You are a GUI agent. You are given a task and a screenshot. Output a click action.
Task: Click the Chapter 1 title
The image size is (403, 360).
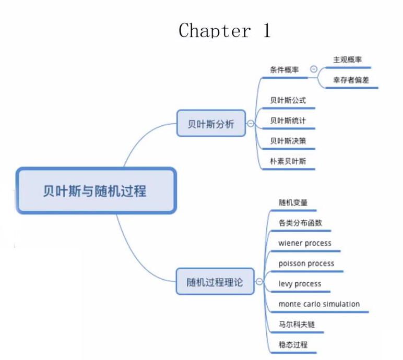point(224,31)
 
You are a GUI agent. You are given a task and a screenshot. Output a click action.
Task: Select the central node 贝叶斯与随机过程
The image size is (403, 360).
point(96,191)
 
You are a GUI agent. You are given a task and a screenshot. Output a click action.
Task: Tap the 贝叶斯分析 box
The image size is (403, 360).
point(211,124)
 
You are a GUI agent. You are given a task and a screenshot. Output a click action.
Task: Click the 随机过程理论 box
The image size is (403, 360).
point(215,283)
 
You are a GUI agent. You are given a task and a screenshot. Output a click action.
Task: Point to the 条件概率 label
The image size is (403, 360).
point(285,69)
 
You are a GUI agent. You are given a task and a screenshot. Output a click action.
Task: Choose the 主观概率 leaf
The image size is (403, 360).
point(347,59)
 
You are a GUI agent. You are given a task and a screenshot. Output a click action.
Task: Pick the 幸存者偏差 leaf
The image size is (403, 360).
point(350,80)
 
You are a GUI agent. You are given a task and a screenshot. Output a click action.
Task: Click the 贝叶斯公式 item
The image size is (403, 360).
point(288,100)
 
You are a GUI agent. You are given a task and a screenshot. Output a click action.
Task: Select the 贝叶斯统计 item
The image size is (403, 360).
point(288,121)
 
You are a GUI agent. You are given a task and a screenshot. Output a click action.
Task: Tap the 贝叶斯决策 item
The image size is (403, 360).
point(288,141)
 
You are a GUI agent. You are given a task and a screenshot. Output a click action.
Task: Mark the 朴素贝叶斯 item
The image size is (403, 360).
point(288,161)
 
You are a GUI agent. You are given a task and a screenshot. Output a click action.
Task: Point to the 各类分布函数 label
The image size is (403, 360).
point(301,223)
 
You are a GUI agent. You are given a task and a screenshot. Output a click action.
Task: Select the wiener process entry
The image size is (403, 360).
point(305,243)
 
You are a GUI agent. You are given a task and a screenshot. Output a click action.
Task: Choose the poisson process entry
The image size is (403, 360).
point(306,263)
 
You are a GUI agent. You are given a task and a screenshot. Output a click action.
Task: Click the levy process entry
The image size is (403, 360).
point(300,284)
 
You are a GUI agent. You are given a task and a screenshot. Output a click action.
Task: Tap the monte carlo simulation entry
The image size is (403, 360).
point(319,304)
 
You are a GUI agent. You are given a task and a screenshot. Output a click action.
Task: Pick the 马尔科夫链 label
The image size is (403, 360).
point(297,325)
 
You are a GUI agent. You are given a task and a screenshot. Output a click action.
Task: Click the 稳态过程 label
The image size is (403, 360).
point(293,345)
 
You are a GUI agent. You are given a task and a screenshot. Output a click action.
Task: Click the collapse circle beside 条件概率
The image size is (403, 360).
point(314,69)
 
